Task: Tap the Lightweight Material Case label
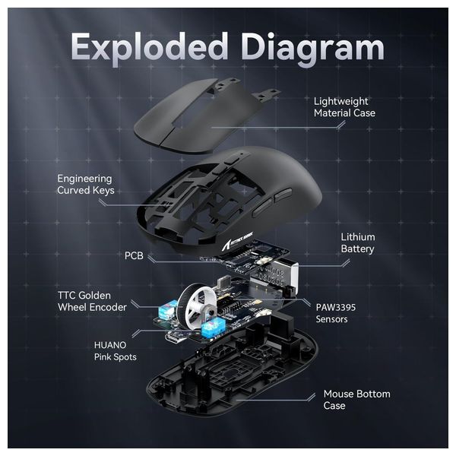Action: [x=344, y=107]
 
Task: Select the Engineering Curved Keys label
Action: [x=86, y=185]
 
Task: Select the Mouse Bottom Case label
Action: [x=356, y=399]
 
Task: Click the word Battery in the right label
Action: [x=357, y=249]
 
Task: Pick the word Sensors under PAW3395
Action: [x=332, y=319]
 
